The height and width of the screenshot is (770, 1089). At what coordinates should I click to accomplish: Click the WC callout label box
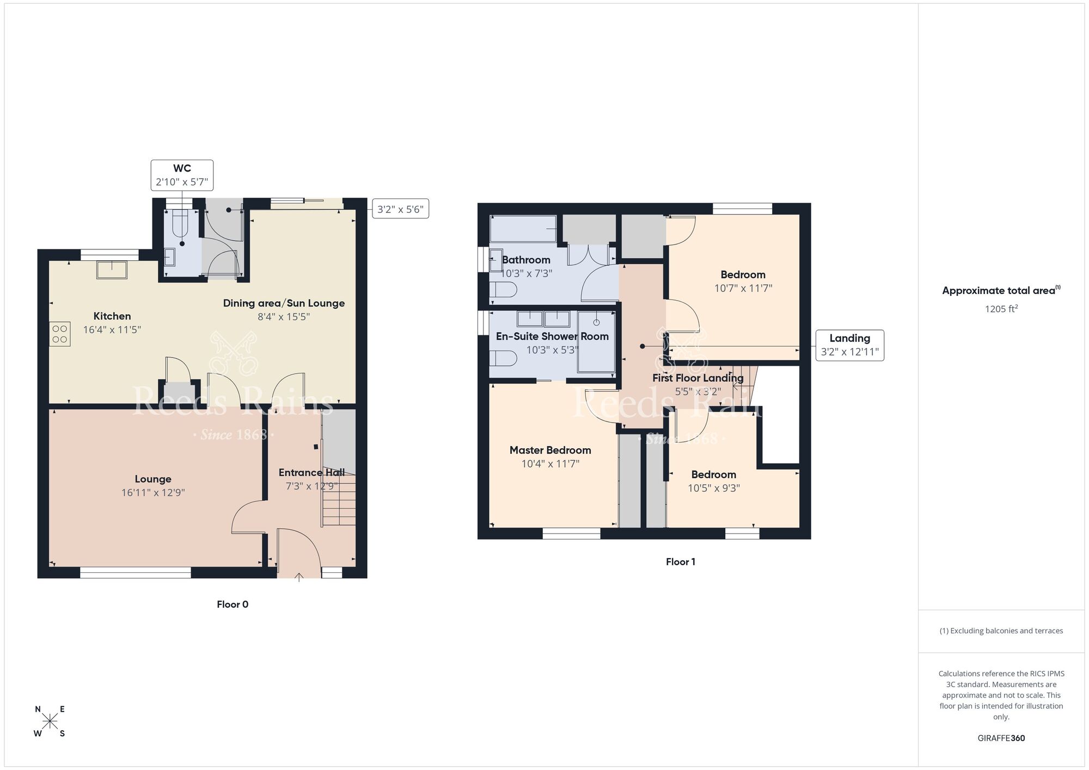(182, 175)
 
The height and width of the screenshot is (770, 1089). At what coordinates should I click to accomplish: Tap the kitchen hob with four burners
(60, 334)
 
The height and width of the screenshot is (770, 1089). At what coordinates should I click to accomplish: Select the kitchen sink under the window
(112, 270)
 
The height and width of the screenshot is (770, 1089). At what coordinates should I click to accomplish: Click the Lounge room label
(153, 479)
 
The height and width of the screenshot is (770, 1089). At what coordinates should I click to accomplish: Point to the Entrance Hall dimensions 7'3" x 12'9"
(311, 486)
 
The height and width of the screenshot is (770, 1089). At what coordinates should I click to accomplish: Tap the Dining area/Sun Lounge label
(284, 303)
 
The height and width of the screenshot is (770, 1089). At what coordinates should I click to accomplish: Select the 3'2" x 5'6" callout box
(400, 209)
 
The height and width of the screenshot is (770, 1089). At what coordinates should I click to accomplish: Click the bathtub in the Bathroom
(523, 229)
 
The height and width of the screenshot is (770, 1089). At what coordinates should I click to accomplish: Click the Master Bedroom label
(550, 450)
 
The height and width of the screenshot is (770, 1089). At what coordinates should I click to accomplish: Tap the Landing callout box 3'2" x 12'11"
(849, 345)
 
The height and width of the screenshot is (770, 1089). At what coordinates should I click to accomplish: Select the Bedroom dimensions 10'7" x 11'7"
(743, 289)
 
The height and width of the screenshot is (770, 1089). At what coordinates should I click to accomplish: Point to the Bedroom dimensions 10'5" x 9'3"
(713, 488)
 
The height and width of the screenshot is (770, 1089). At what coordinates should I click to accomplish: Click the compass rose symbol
(50, 722)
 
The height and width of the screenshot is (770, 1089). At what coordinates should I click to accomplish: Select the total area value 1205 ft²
(1001, 309)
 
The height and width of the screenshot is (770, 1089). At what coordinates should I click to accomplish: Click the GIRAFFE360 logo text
(1001, 738)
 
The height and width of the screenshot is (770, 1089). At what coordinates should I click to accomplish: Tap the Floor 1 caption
(680, 562)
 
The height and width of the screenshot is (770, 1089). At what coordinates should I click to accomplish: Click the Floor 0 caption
(233, 604)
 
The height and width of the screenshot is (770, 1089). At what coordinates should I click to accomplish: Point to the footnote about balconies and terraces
(1001, 631)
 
